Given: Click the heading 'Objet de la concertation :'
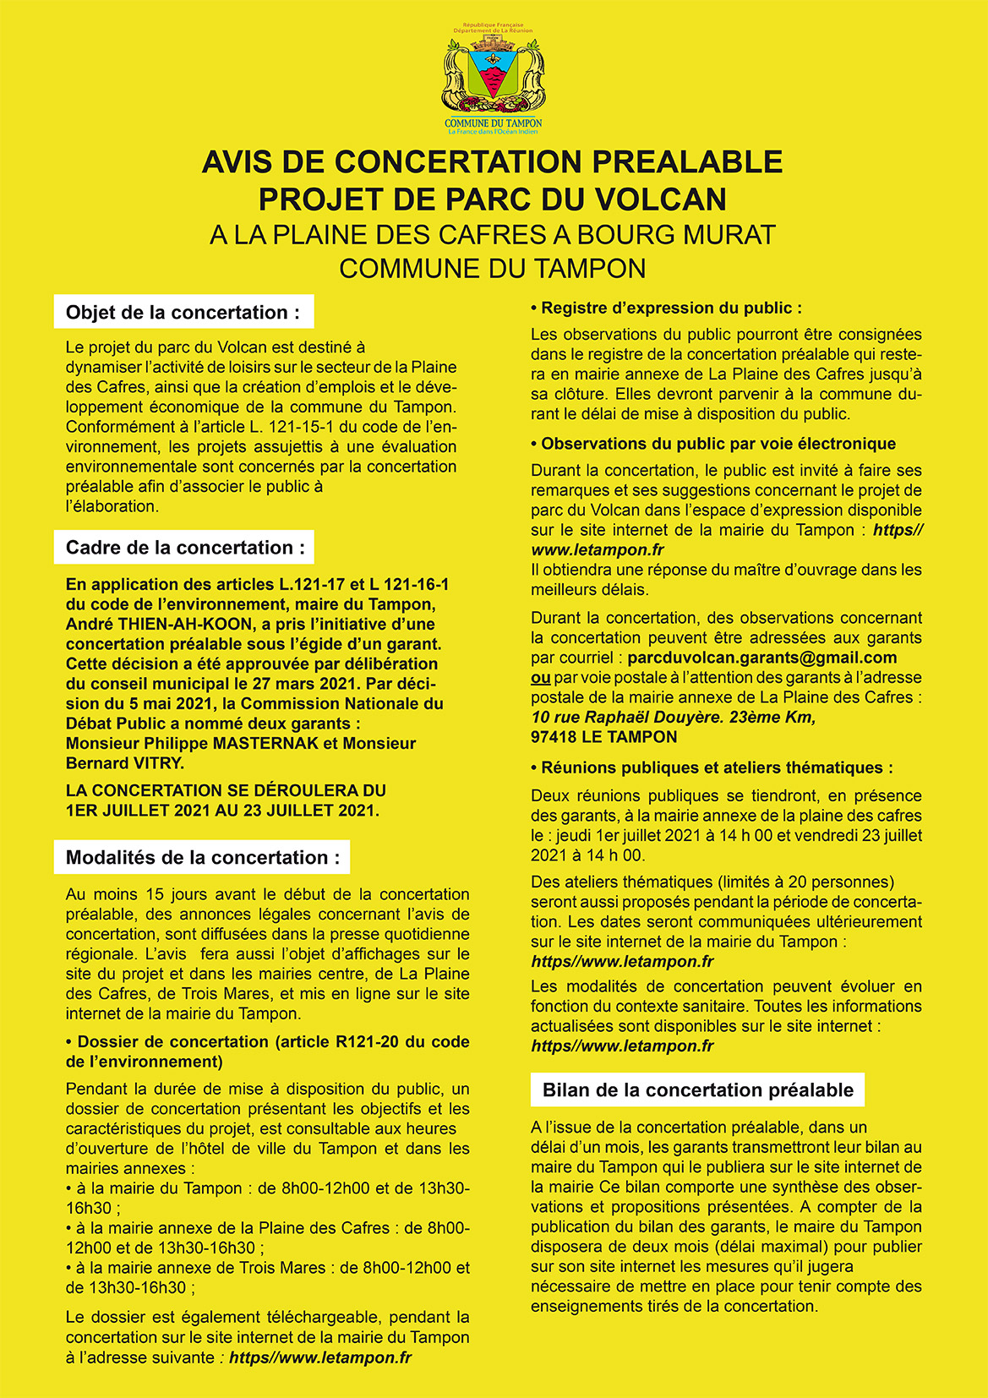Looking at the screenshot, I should [183, 313].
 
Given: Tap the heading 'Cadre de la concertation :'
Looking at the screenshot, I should [185, 548].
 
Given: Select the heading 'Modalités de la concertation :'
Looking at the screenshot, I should [203, 858].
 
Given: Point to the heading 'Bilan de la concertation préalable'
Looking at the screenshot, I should [697, 1090].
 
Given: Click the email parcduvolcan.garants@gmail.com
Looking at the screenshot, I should [762, 658].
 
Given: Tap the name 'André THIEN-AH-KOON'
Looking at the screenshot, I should [159, 625].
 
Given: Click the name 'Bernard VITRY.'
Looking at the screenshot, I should [125, 763].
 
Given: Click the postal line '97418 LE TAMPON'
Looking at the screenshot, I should [604, 737].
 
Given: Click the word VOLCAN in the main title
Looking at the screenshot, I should [661, 199].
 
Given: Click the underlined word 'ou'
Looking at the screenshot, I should [541, 678].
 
